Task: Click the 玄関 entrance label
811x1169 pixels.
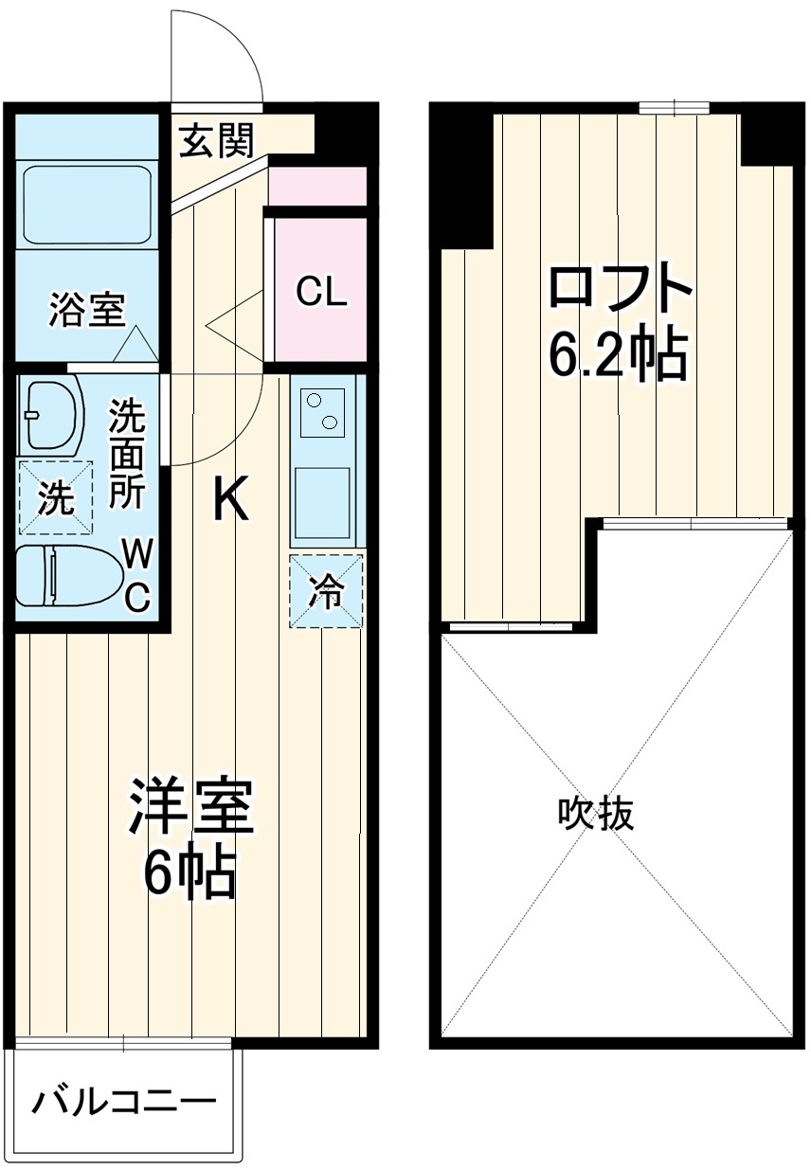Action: click(217, 142)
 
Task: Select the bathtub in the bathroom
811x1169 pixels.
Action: click(86, 205)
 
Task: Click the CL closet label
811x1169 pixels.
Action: click(321, 292)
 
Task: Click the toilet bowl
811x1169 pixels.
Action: click(68, 575)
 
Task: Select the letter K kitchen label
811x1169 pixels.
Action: click(229, 498)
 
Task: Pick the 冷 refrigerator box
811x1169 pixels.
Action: click(326, 591)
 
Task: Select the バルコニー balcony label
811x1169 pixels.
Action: click(124, 1103)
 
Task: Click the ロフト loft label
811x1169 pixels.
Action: click(618, 289)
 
